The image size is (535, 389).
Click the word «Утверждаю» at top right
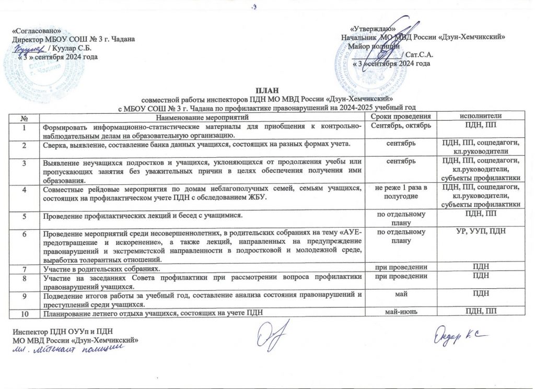(x=372, y=30)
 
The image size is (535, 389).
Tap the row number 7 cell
(x=25, y=267)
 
